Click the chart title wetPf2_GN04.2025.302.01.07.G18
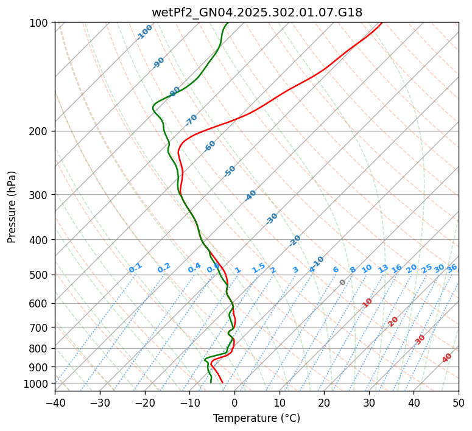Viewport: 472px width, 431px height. pos(256,12)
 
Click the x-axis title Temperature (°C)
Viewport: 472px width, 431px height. pos(256,418)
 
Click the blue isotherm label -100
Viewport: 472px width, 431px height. pos(145,32)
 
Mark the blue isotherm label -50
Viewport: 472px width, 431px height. pos(230,171)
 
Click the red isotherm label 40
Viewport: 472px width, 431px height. pos(447,358)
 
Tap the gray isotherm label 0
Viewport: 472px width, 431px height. pos(343,282)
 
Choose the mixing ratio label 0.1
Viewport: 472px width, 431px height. pos(135,268)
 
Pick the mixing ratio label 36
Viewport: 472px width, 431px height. pos(452,268)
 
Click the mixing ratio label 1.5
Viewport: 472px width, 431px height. pos(258,268)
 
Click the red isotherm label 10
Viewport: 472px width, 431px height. pos(367,303)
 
